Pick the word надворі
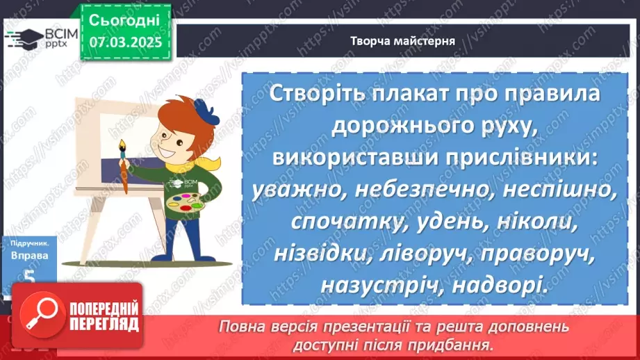click(x=498, y=285)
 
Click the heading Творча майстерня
click(x=403, y=40)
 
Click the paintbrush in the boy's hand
click(x=125, y=167)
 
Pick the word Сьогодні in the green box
click(x=125, y=20)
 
